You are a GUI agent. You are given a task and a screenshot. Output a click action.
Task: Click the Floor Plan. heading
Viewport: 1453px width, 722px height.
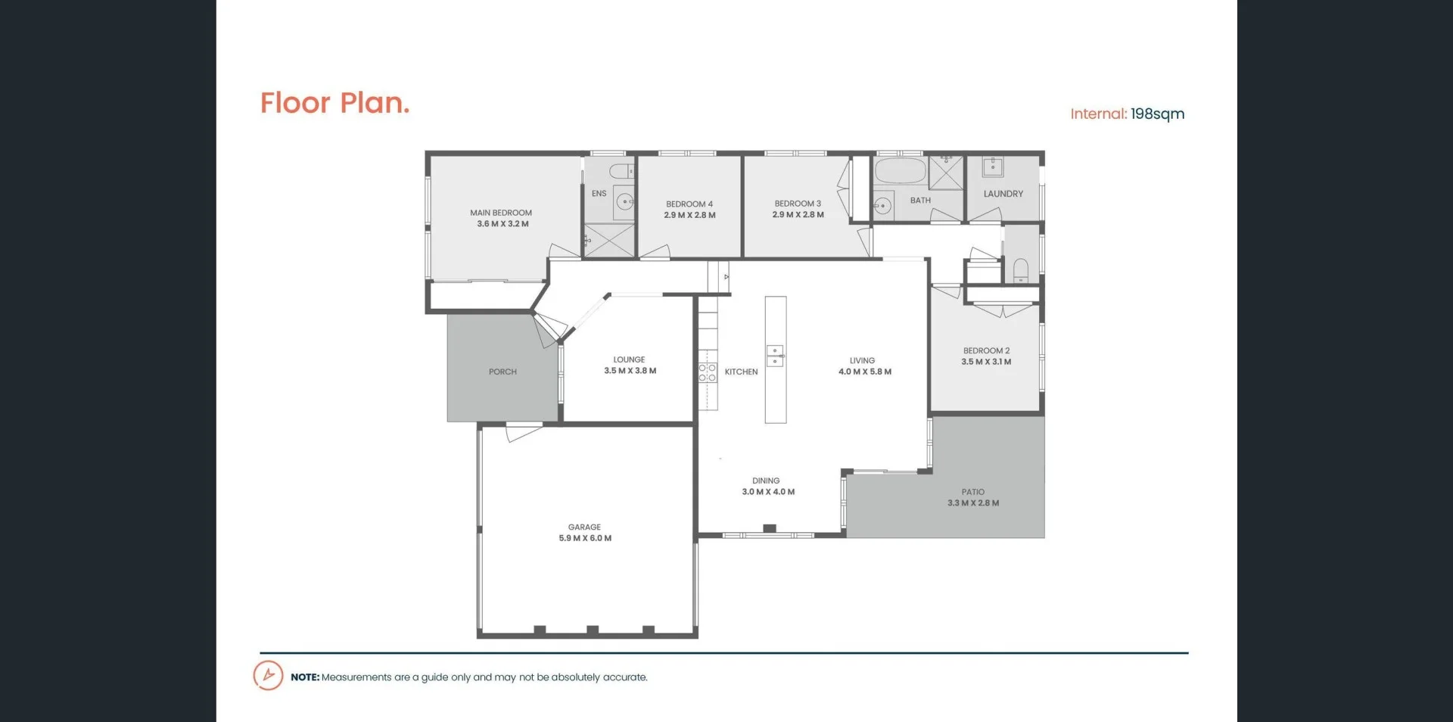(334, 103)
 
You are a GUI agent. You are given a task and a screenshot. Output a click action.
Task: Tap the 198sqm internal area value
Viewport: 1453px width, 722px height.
(1157, 114)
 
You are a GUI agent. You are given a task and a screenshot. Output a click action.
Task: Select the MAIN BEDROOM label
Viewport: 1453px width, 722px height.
(501, 213)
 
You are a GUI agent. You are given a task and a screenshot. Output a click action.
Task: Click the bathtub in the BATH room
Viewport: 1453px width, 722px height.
(901, 171)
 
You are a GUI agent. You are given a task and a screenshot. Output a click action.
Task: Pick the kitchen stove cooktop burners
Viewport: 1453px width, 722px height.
(708, 372)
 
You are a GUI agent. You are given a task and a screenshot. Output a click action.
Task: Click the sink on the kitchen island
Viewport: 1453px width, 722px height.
(775, 356)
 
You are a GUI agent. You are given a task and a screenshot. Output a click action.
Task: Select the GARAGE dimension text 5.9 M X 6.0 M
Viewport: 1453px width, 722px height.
(585, 538)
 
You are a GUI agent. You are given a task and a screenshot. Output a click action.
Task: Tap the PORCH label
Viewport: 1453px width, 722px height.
(502, 372)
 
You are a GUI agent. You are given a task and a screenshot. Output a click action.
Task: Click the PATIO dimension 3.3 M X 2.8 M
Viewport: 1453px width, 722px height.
(973, 503)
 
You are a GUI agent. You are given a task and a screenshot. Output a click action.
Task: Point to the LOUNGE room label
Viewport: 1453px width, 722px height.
(629, 359)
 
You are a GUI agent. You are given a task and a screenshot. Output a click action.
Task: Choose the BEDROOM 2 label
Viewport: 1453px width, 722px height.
(986, 350)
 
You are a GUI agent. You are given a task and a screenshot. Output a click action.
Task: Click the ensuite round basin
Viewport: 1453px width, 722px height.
(624, 201)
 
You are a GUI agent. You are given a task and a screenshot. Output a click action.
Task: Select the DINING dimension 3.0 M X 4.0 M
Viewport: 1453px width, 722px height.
(768, 492)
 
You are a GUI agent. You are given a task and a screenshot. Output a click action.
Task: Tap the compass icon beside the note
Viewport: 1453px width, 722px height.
(268, 675)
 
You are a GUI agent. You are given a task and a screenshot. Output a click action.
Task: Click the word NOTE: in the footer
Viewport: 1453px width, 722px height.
(305, 677)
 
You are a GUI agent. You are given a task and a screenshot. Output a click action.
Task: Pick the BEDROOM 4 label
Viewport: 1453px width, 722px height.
(689, 204)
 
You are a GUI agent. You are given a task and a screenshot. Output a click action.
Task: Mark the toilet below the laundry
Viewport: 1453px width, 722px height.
(1020, 269)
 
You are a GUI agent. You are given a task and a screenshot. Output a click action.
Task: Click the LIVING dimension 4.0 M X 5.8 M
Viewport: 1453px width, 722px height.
(865, 372)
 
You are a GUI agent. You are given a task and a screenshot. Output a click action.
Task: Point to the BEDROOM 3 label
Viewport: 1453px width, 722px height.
(798, 204)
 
